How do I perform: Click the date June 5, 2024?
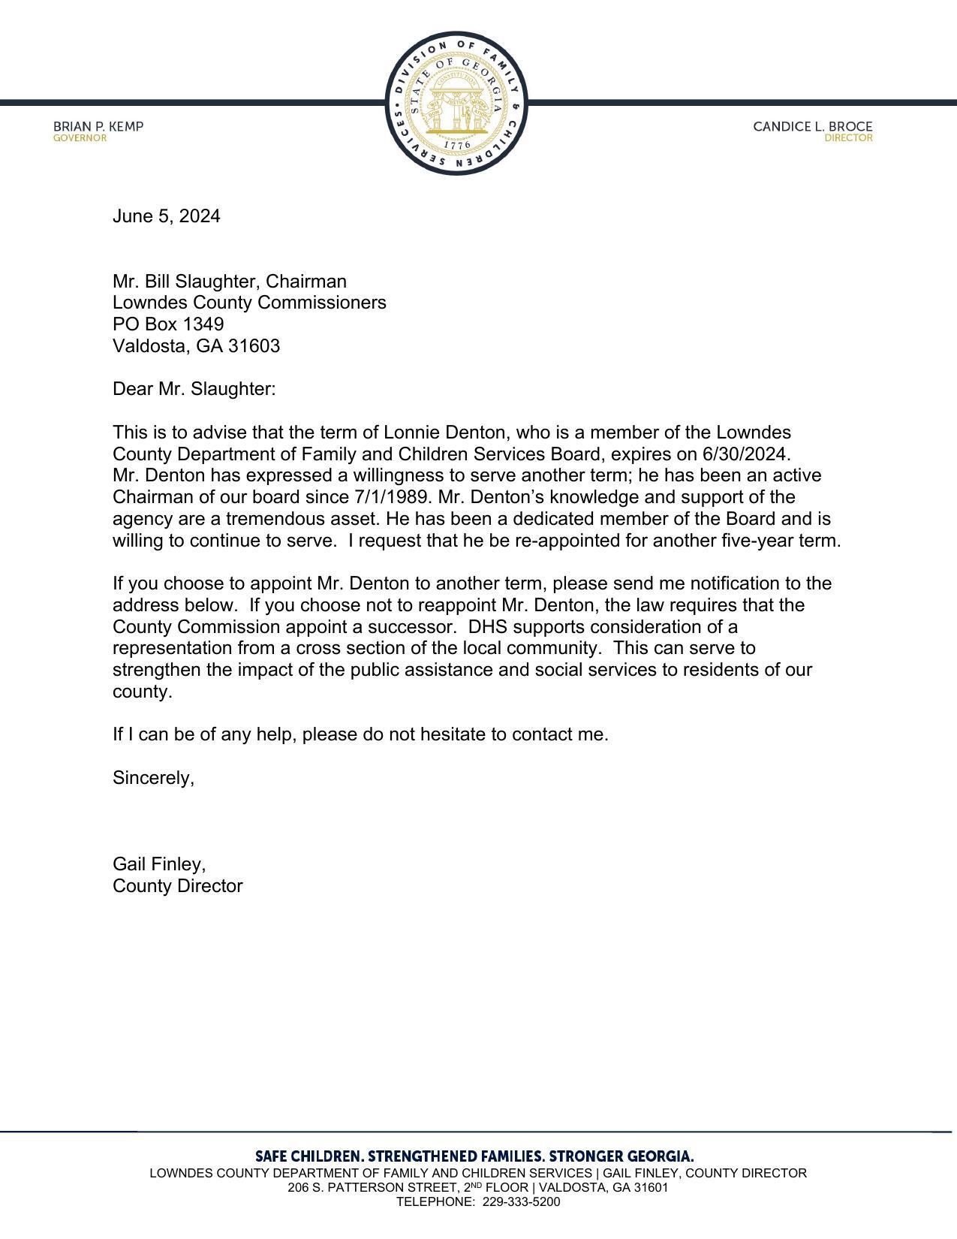tap(166, 216)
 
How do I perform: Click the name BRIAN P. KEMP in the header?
tap(98, 126)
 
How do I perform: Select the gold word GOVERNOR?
tap(80, 138)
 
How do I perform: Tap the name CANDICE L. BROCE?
tap(812, 126)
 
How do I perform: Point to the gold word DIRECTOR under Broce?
tap(848, 138)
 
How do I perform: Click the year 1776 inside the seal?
tap(456, 145)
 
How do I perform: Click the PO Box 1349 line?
tap(168, 324)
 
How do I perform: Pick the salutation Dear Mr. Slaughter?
tap(194, 389)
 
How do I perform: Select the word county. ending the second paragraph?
tap(142, 692)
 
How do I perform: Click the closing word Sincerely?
tap(153, 778)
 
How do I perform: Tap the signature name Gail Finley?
tap(159, 864)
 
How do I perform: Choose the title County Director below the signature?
tap(177, 886)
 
